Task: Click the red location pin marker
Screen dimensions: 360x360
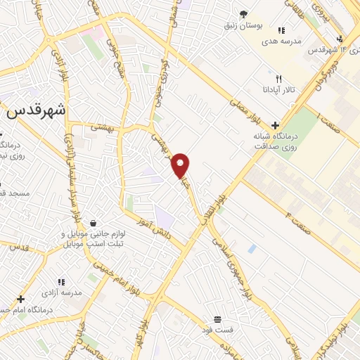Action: (x=181, y=165)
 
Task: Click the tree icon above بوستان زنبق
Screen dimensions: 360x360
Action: (x=243, y=13)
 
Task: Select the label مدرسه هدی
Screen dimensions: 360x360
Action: (x=281, y=41)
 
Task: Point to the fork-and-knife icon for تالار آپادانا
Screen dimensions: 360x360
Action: (x=278, y=79)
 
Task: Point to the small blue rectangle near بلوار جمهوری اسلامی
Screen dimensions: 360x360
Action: (x=252, y=248)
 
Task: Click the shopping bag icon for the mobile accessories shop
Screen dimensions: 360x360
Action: (x=93, y=224)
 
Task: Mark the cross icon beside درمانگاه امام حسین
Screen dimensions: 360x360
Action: (x=21, y=298)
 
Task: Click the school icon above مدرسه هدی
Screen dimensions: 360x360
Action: (x=281, y=30)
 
